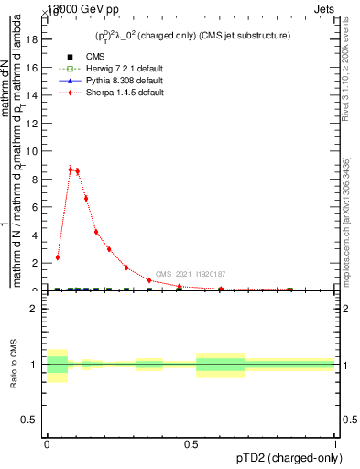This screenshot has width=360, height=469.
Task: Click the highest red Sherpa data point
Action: click(71, 169)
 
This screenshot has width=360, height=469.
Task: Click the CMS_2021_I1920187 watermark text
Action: click(191, 274)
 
